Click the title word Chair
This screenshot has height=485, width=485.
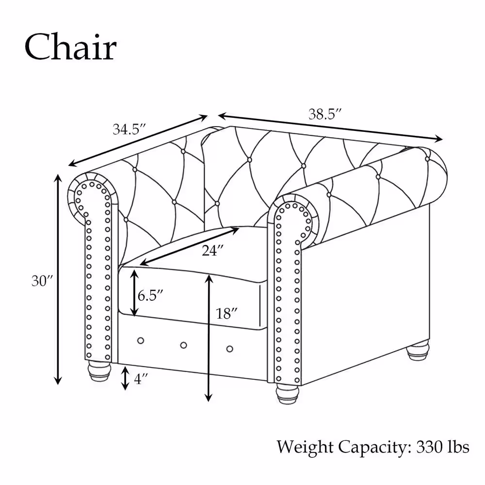(71, 48)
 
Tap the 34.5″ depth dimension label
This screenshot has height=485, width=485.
(129, 129)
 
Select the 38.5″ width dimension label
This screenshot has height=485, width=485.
(325, 114)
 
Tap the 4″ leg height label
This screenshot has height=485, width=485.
(141, 379)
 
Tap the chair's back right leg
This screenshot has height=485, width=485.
(418, 350)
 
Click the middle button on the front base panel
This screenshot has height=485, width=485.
(183, 345)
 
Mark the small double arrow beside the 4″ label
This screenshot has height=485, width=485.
(125, 378)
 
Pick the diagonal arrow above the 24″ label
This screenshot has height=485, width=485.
(190, 246)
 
